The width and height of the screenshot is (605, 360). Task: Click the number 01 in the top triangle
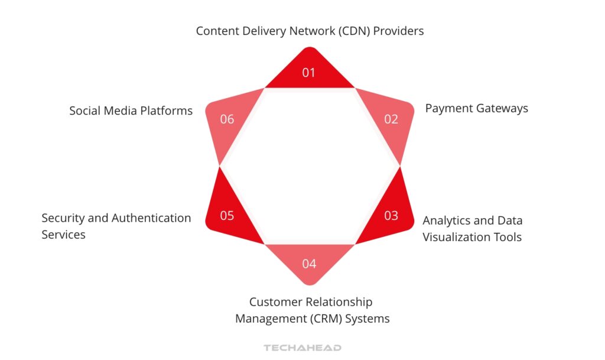pos(309,73)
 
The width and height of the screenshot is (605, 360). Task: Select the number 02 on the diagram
pos(391,119)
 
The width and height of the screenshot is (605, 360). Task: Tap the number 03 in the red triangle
pos(391,216)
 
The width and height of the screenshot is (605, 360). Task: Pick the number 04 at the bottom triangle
pos(309,264)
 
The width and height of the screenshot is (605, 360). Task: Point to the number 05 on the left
pos(227,216)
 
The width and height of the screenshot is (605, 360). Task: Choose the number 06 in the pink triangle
pos(227,119)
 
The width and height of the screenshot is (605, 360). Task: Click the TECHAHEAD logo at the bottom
pos(302,348)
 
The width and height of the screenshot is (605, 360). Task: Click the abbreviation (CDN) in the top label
pos(356,31)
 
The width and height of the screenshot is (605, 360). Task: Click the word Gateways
pos(500,108)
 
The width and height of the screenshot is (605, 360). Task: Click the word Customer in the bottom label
pos(275,302)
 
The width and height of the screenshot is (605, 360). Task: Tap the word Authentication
pos(151,218)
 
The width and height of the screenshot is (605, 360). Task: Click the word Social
pos(86,111)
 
